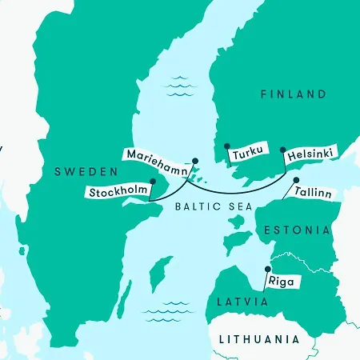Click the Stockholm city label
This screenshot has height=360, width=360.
119,193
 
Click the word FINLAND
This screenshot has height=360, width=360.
294,94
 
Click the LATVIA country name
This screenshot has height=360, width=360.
241,302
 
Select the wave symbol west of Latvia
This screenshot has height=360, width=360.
162,310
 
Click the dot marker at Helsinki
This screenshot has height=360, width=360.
282,149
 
